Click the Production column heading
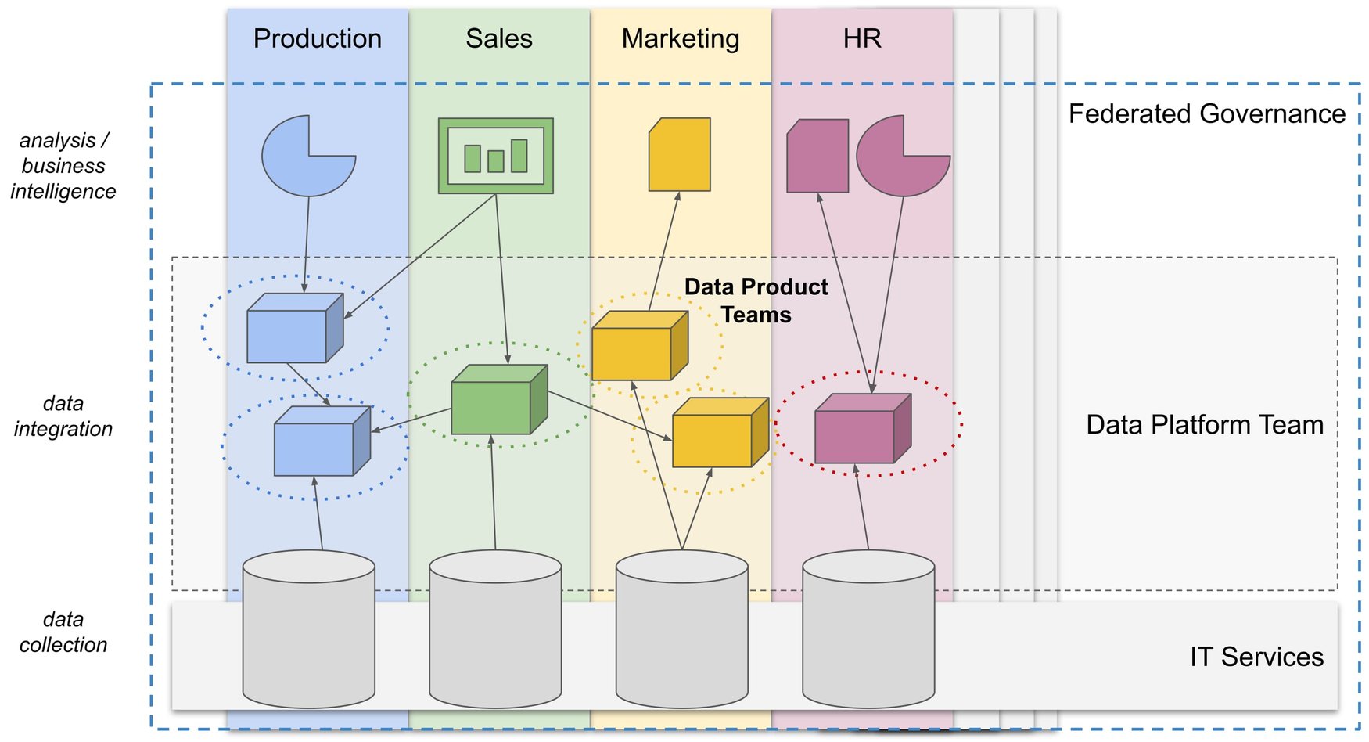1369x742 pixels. (x=317, y=38)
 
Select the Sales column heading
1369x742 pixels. (x=498, y=38)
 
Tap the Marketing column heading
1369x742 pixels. (x=680, y=38)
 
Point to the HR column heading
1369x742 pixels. (x=861, y=38)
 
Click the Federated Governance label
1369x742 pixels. (x=1206, y=113)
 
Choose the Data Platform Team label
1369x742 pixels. (x=1204, y=424)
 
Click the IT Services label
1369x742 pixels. (x=1256, y=656)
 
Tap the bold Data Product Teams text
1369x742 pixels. (x=756, y=301)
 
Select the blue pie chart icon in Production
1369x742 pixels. (x=305, y=160)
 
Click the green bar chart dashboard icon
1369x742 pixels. (x=495, y=156)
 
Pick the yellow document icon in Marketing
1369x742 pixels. (x=679, y=155)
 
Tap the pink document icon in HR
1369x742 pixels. (x=817, y=156)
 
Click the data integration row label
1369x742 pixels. (x=63, y=416)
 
